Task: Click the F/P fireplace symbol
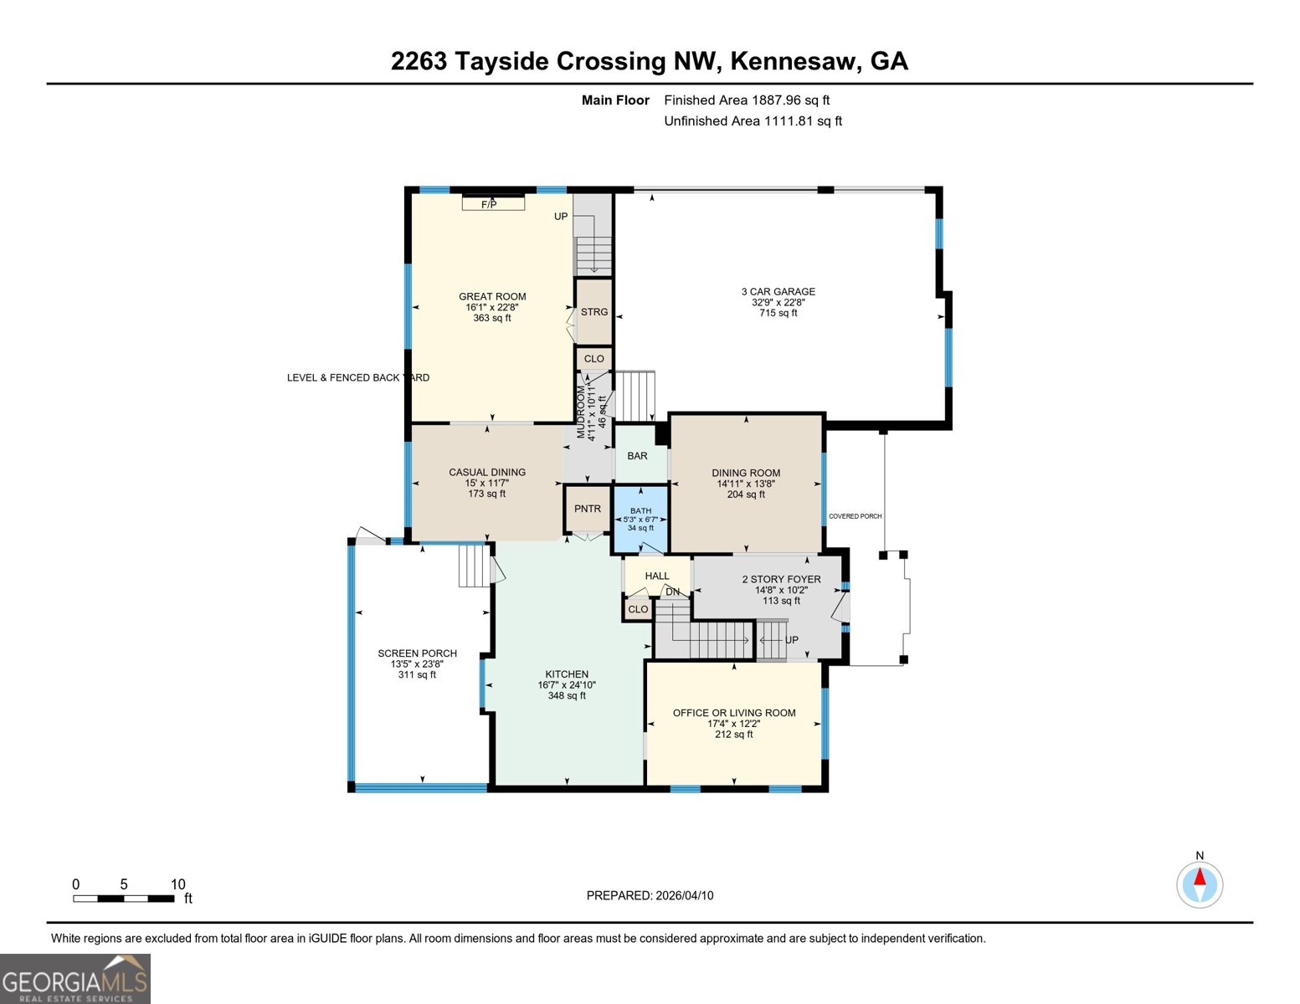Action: click(x=493, y=203)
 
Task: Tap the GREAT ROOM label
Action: click(x=492, y=296)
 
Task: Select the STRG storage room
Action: click(x=594, y=312)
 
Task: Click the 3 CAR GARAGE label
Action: click(x=778, y=292)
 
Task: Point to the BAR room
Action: click(x=638, y=456)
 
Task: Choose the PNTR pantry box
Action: click(x=588, y=509)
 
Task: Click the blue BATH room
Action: click(x=640, y=520)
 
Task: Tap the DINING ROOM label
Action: click(x=746, y=473)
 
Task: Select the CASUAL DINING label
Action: click(x=487, y=473)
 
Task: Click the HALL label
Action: click(x=657, y=576)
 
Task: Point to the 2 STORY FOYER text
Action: click(x=781, y=579)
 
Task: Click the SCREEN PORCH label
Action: click(x=417, y=653)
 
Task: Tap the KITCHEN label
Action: click(x=567, y=674)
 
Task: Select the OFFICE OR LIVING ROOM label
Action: click(x=734, y=713)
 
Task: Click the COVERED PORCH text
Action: click(x=855, y=516)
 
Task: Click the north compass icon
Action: click(x=1200, y=884)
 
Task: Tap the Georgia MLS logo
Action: click(x=75, y=979)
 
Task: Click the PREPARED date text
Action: click(x=650, y=895)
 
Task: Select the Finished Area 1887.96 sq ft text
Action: click(x=747, y=100)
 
